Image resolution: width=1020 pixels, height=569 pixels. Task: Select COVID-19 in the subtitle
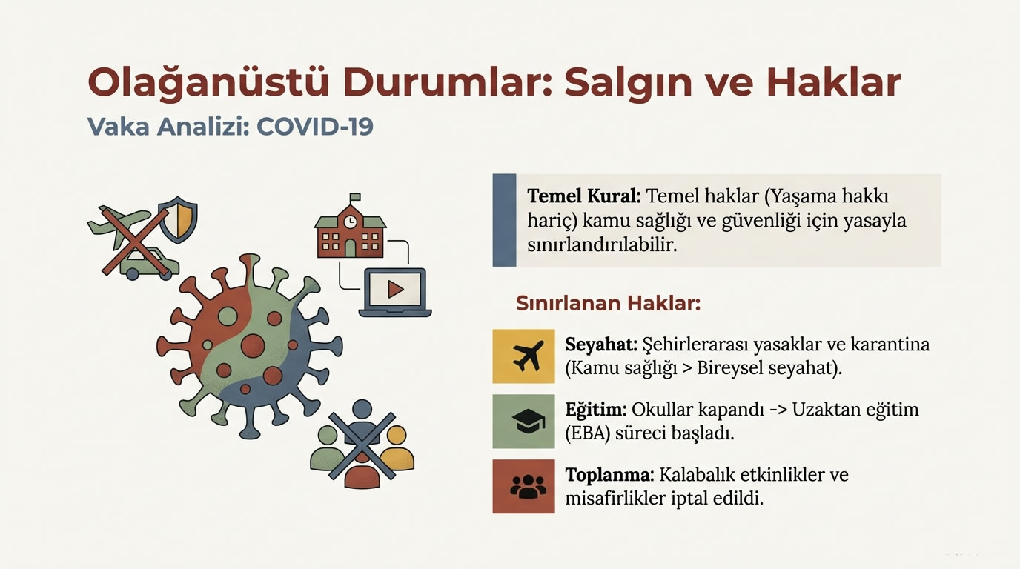[x=315, y=126]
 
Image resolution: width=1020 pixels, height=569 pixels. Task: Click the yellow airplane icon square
[x=523, y=356]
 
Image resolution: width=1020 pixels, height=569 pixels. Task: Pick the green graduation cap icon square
[x=523, y=422]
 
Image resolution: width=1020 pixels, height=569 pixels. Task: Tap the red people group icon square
[x=523, y=487]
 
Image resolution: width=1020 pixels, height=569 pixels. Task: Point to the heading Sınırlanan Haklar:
[x=608, y=304]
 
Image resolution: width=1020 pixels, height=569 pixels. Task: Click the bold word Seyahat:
[x=600, y=345]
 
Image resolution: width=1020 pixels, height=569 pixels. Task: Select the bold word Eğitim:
[x=597, y=410]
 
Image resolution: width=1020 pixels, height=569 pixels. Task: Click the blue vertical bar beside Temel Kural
[x=504, y=220]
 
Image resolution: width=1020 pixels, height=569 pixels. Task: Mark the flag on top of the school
[x=354, y=198]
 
